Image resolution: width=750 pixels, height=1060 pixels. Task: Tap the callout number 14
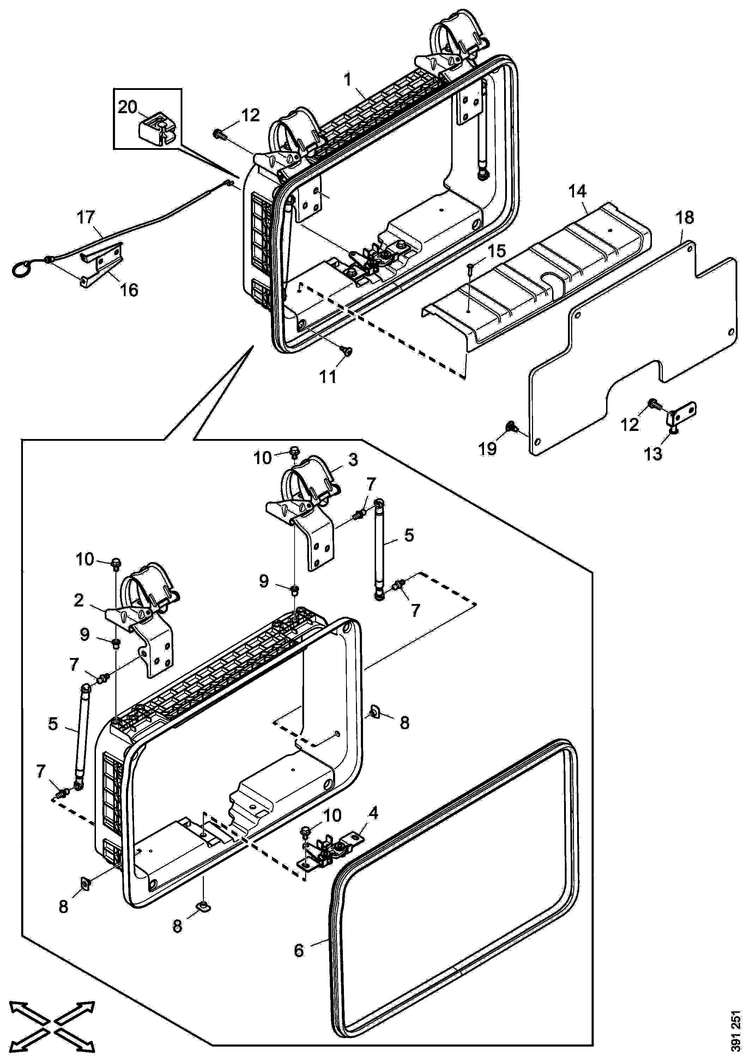[x=577, y=191]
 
